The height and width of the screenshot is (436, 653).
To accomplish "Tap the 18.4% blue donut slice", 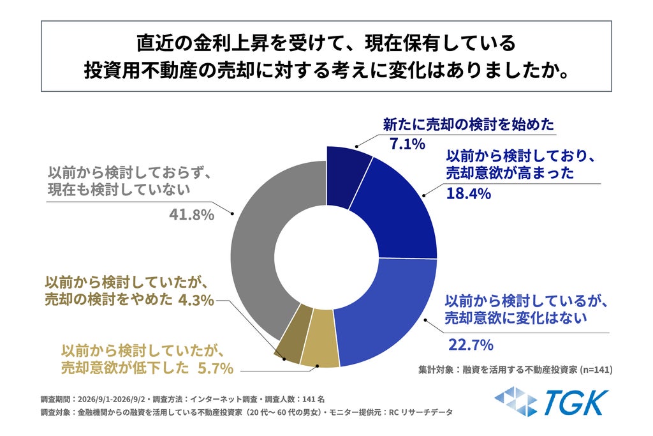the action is pyautogui.click(x=395, y=213).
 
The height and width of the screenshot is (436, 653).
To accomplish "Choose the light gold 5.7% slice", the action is pyautogui.click(x=319, y=338).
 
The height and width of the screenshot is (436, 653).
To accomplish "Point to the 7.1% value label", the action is pyautogui.click(x=407, y=144).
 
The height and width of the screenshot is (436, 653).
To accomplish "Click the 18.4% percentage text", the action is pyautogui.click(x=469, y=194).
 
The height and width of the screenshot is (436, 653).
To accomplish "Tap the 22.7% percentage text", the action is pyautogui.click(x=471, y=345).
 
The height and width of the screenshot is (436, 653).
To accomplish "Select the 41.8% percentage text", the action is pyautogui.click(x=191, y=214).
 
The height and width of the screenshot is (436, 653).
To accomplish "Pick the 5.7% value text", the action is pyautogui.click(x=215, y=368).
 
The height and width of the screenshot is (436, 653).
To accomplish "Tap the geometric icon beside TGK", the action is pyautogui.click(x=515, y=402).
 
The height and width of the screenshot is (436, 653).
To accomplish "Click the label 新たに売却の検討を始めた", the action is pyautogui.click(x=469, y=124).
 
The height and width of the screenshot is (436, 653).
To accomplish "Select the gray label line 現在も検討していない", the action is pyautogui.click(x=119, y=190).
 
